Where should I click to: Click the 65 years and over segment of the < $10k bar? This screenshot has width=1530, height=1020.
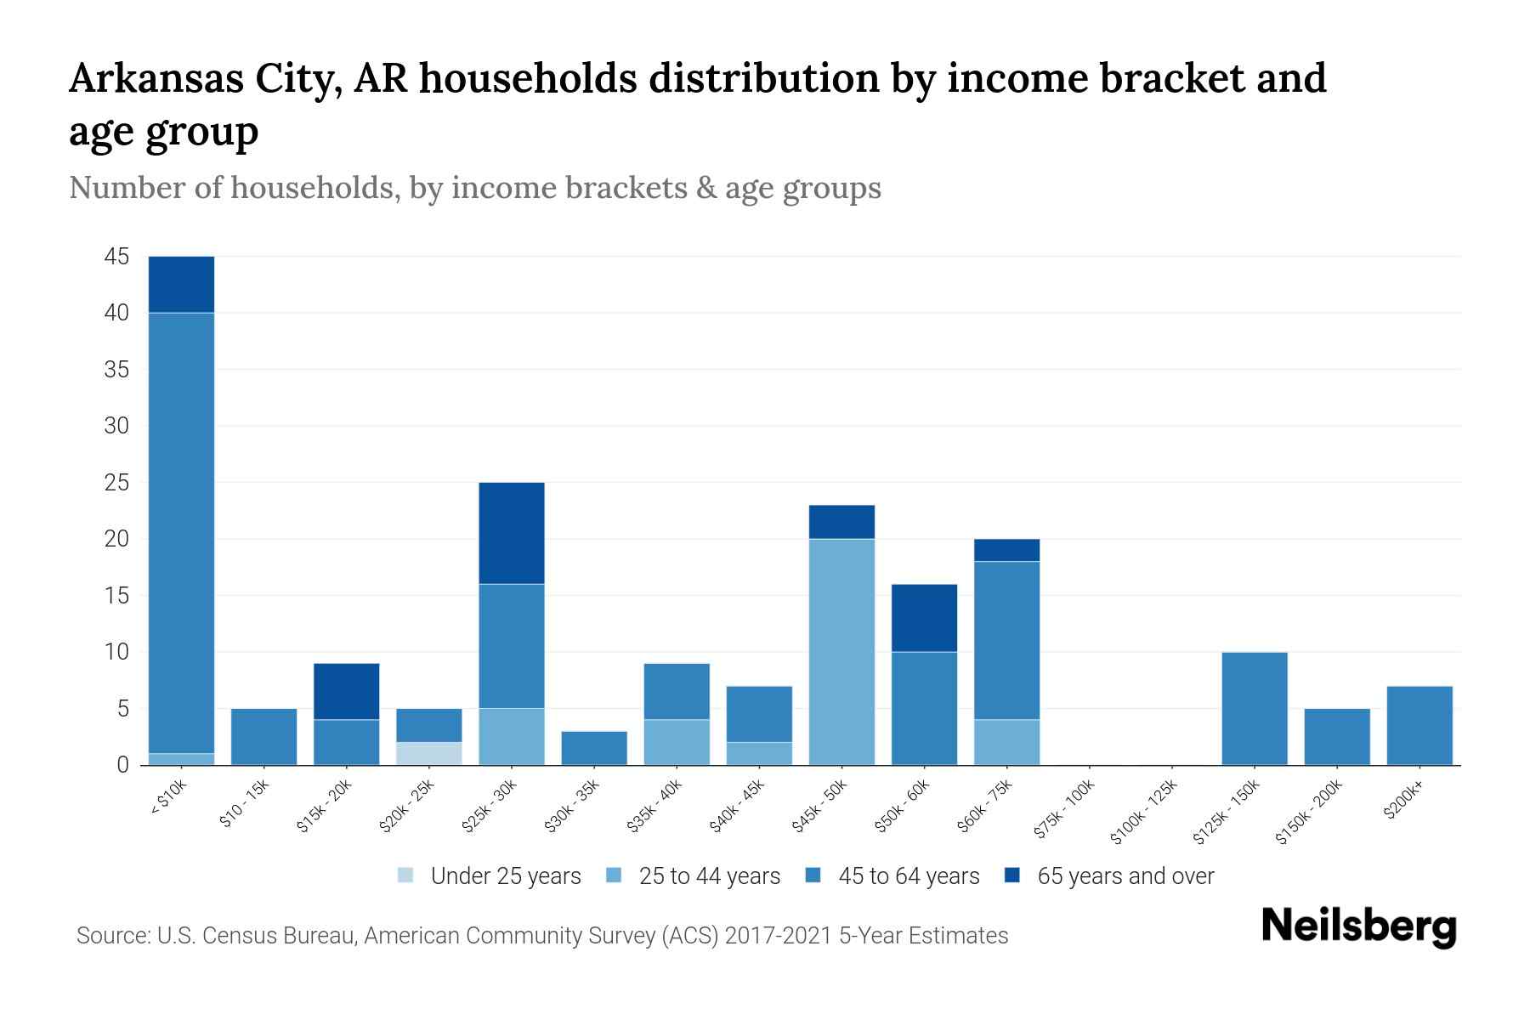(181, 284)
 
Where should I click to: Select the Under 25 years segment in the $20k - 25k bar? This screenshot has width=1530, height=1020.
(428, 753)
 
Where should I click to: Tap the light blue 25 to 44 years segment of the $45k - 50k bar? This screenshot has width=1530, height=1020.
(841, 651)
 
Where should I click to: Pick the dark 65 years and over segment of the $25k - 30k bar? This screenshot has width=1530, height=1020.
(511, 533)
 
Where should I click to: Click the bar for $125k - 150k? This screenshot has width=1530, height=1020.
(1254, 708)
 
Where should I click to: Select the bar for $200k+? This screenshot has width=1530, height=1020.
(1419, 725)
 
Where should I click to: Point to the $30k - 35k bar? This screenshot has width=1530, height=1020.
(594, 748)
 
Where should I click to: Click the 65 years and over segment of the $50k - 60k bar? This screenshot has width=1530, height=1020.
(924, 618)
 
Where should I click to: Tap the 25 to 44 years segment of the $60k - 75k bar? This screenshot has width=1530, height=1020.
(1006, 742)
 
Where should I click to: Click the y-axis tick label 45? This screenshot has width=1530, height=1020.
(116, 257)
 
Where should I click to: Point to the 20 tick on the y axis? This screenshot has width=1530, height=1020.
(116, 539)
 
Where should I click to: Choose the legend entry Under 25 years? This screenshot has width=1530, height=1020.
(505, 876)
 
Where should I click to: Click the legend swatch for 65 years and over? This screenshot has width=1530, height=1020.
(1012, 875)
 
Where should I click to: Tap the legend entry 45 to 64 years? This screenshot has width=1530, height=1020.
(908, 876)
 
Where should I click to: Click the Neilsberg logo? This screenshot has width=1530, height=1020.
(1358, 926)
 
